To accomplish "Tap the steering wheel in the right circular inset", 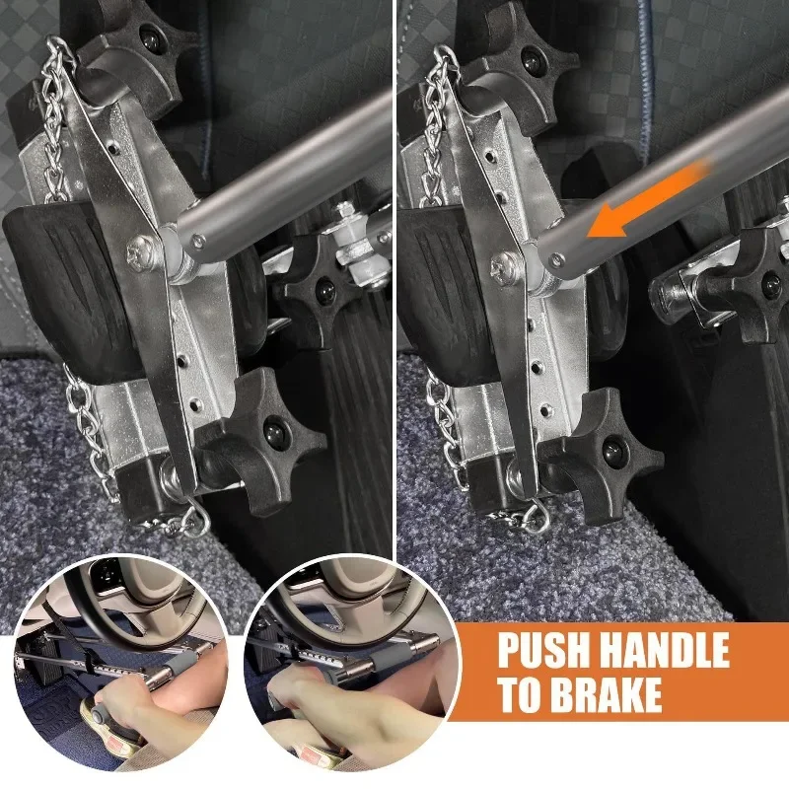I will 325,602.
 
